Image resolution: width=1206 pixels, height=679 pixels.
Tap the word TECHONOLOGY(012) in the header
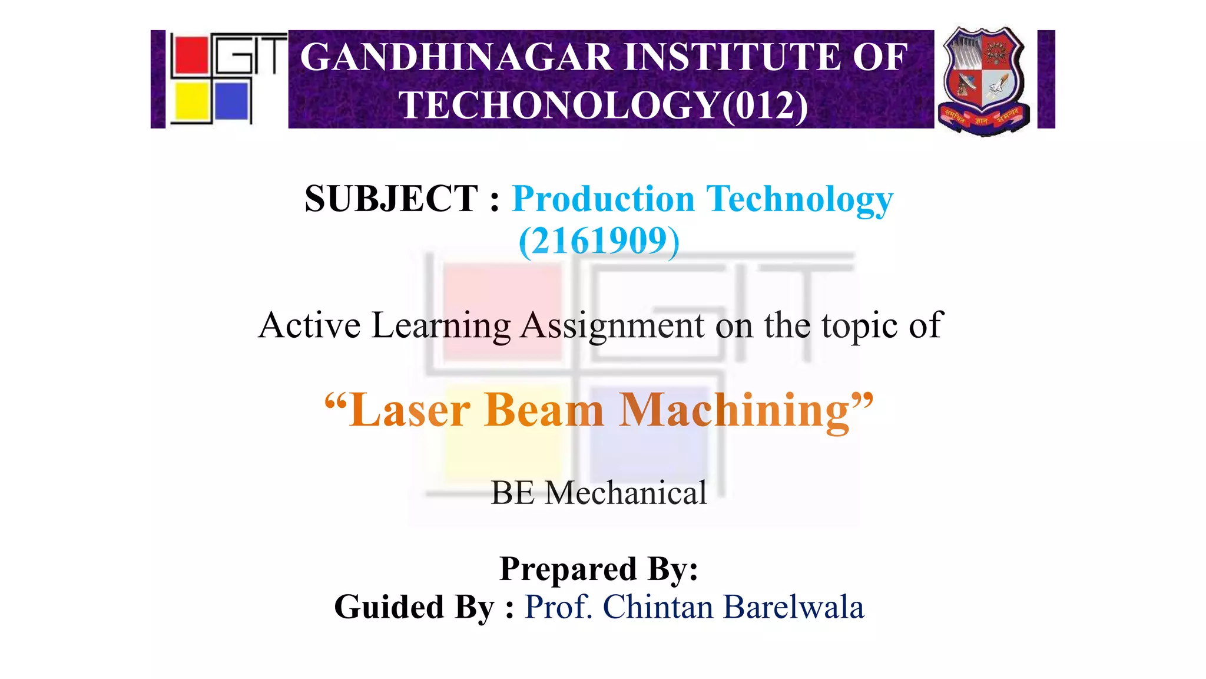(603, 106)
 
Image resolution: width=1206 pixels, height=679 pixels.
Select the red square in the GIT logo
(190, 55)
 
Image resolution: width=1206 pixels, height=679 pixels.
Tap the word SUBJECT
(391, 199)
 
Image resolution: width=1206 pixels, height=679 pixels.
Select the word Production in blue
(604, 199)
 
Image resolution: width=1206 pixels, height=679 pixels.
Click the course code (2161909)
(599, 241)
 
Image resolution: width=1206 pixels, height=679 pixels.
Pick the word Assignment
(612, 325)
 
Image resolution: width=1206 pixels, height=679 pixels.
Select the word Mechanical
(625, 493)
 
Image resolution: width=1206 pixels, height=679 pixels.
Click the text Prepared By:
(599, 569)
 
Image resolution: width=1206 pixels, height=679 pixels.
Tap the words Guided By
(414, 607)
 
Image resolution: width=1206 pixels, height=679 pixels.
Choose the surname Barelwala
(793, 607)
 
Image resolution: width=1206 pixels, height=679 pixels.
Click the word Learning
(441, 325)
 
